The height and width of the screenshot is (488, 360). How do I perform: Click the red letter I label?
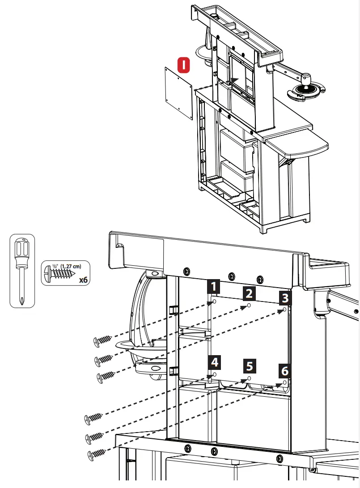pos(184,65)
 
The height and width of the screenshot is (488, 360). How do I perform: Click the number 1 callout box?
pos(215,286)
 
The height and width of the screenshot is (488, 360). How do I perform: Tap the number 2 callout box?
pos(250,293)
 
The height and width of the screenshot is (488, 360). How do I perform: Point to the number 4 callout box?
pos(215,361)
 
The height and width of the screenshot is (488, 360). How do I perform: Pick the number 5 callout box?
pos(250,366)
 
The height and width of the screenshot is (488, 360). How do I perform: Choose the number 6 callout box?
pos(284,370)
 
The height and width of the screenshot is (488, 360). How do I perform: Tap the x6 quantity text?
pos(83,280)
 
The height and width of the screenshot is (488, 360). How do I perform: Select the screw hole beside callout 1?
pos(214,302)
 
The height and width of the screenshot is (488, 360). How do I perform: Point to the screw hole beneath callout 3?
pos(285,309)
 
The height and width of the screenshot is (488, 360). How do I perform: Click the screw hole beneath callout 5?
pos(249,379)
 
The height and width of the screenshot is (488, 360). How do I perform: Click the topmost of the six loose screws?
pos(102,341)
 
